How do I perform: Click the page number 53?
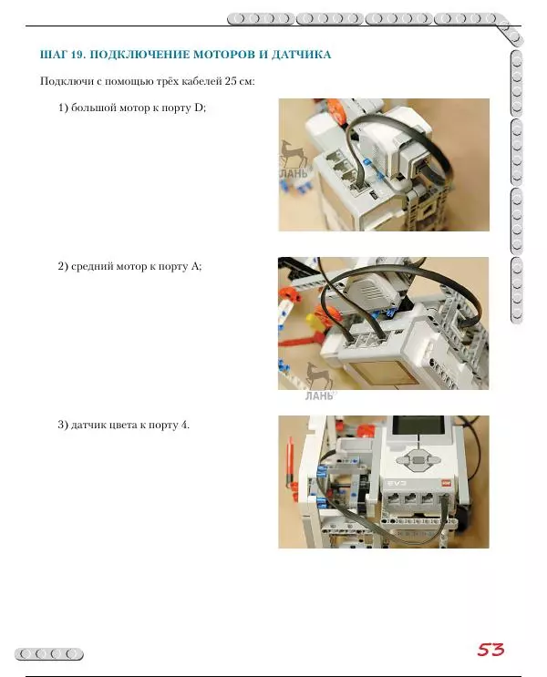point(490,650)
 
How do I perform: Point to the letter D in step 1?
point(200,109)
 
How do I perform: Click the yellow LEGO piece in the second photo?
point(315,321)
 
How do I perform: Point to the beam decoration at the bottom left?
point(50,653)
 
